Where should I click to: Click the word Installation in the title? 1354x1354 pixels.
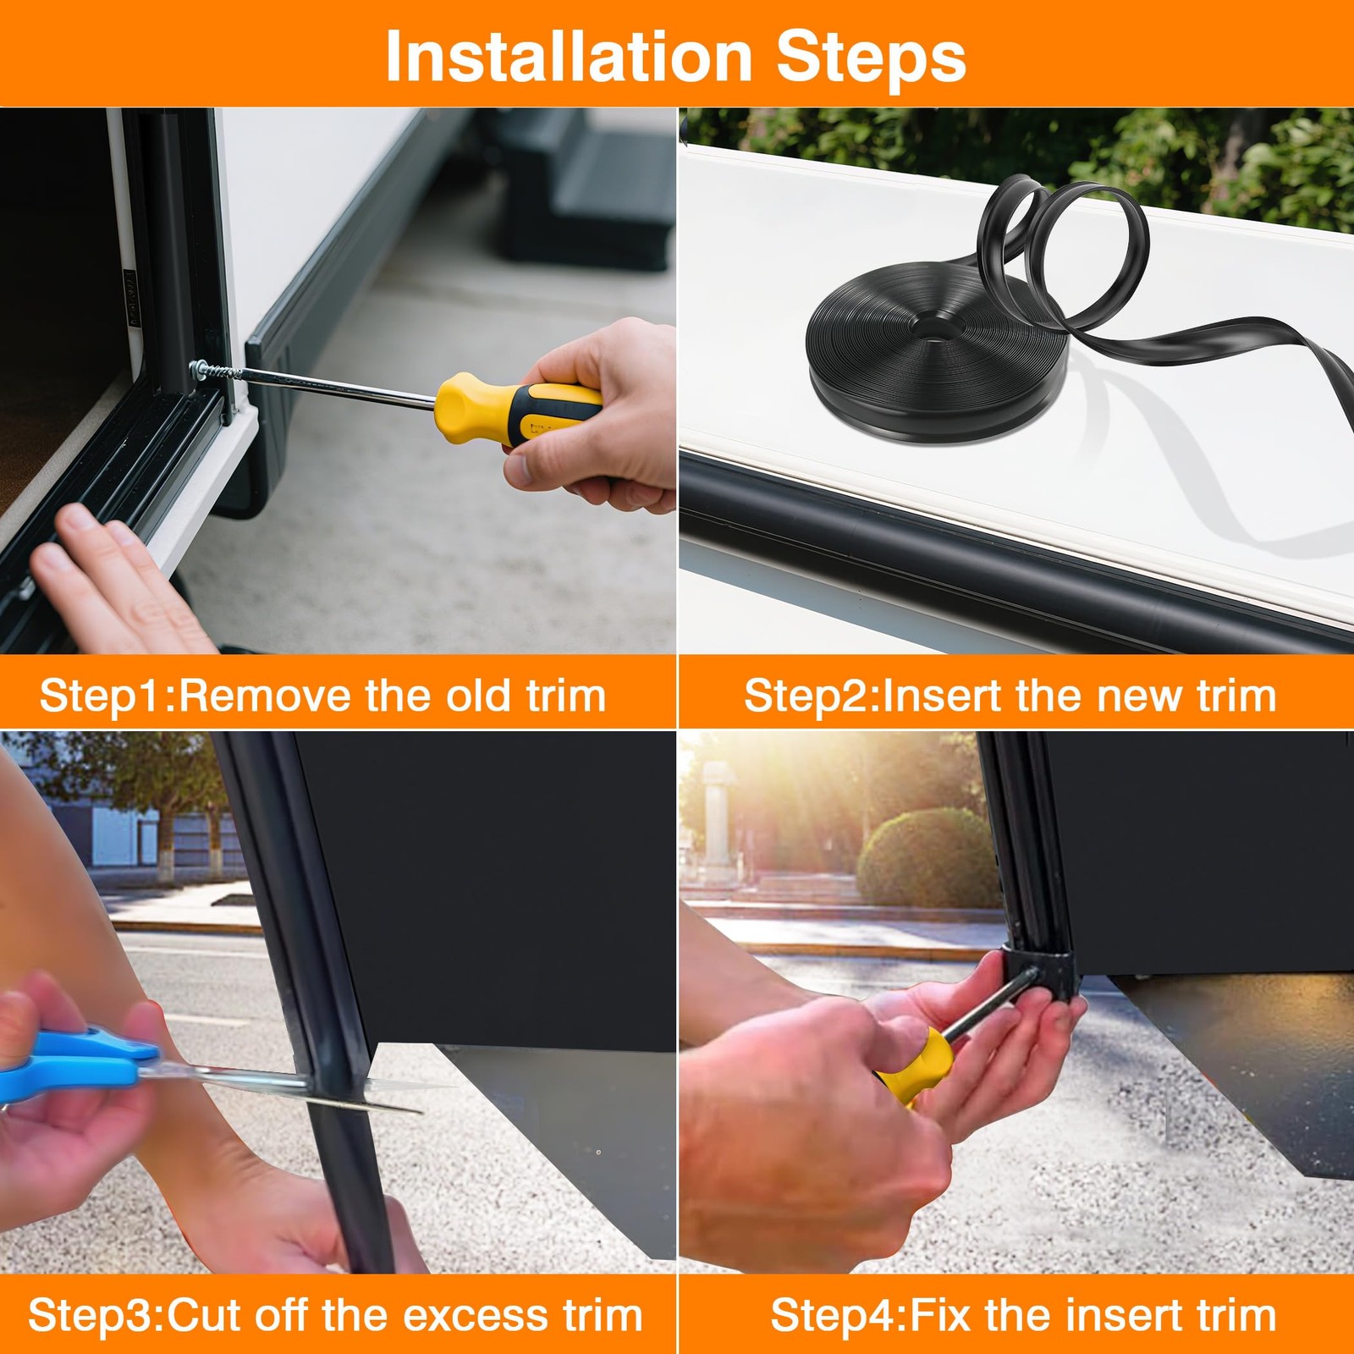pyautogui.click(x=569, y=57)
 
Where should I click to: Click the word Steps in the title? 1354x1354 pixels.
pyautogui.click(x=871, y=57)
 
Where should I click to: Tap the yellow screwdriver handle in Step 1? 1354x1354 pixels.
pyautogui.click(x=517, y=408)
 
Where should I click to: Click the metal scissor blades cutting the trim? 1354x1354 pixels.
pyautogui.click(x=279, y=1087)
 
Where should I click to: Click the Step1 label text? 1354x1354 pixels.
pyautogui.click(x=106, y=696)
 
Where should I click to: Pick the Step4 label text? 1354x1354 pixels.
pyautogui.click(x=835, y=1316)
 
